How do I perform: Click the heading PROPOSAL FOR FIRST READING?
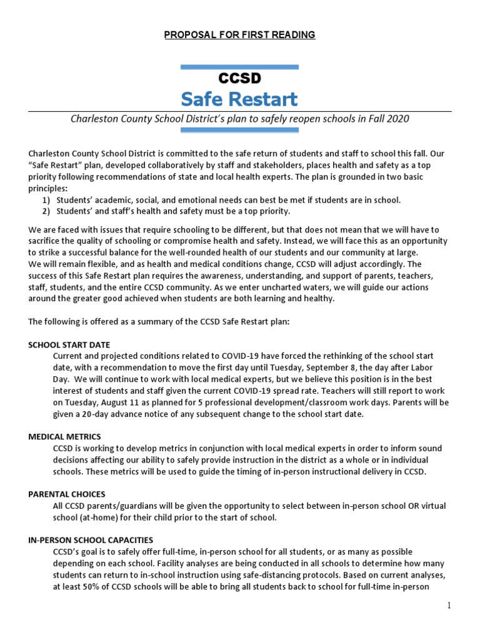pyautogui.click(x=239, y=34)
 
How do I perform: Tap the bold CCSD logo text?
pyautogui.click(x=239, y=78)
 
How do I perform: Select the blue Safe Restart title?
pyautogui.click(x=239, y=99)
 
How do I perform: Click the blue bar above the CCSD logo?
pyautogui.click(x=239, y=66)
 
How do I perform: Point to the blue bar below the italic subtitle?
pyautogui.click(x=239, y=130)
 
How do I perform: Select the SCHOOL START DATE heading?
pyautogui.click(x=69, y=344)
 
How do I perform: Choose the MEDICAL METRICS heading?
pyautogui.click(x=65, y=436)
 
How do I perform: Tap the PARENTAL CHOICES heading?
pyautogui.click(x=67, y=494)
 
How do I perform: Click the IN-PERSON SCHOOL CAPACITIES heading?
pyautogui.click(x=91, y=539)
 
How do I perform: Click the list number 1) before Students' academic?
pyautogui.click(x=46, y=200)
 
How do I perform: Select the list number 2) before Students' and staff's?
pyautogui.click(x=46, y=211)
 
